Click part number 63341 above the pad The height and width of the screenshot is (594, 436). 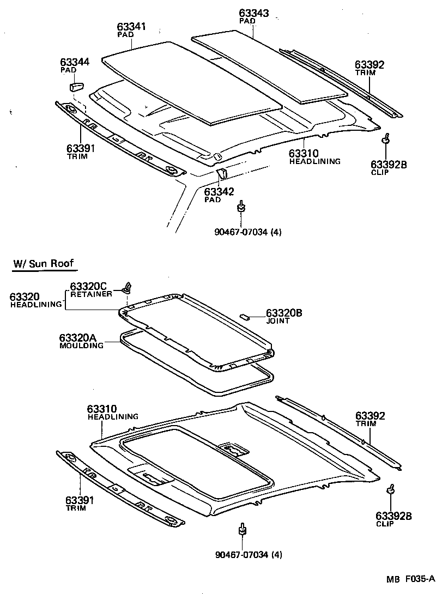132,27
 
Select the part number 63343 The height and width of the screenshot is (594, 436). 254,13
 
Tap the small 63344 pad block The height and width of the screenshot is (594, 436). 75,86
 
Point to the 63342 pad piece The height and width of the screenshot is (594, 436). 222,174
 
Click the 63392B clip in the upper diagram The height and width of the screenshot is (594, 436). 386,139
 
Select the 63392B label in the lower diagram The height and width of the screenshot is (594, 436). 393,516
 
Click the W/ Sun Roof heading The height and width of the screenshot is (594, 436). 43,264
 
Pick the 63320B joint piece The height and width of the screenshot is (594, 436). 245,314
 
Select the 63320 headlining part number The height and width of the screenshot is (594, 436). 25,296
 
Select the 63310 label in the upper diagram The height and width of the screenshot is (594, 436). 304,154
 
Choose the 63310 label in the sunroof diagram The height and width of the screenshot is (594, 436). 102,409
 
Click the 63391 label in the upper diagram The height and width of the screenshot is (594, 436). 81,148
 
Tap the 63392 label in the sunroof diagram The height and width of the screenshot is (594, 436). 370,416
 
